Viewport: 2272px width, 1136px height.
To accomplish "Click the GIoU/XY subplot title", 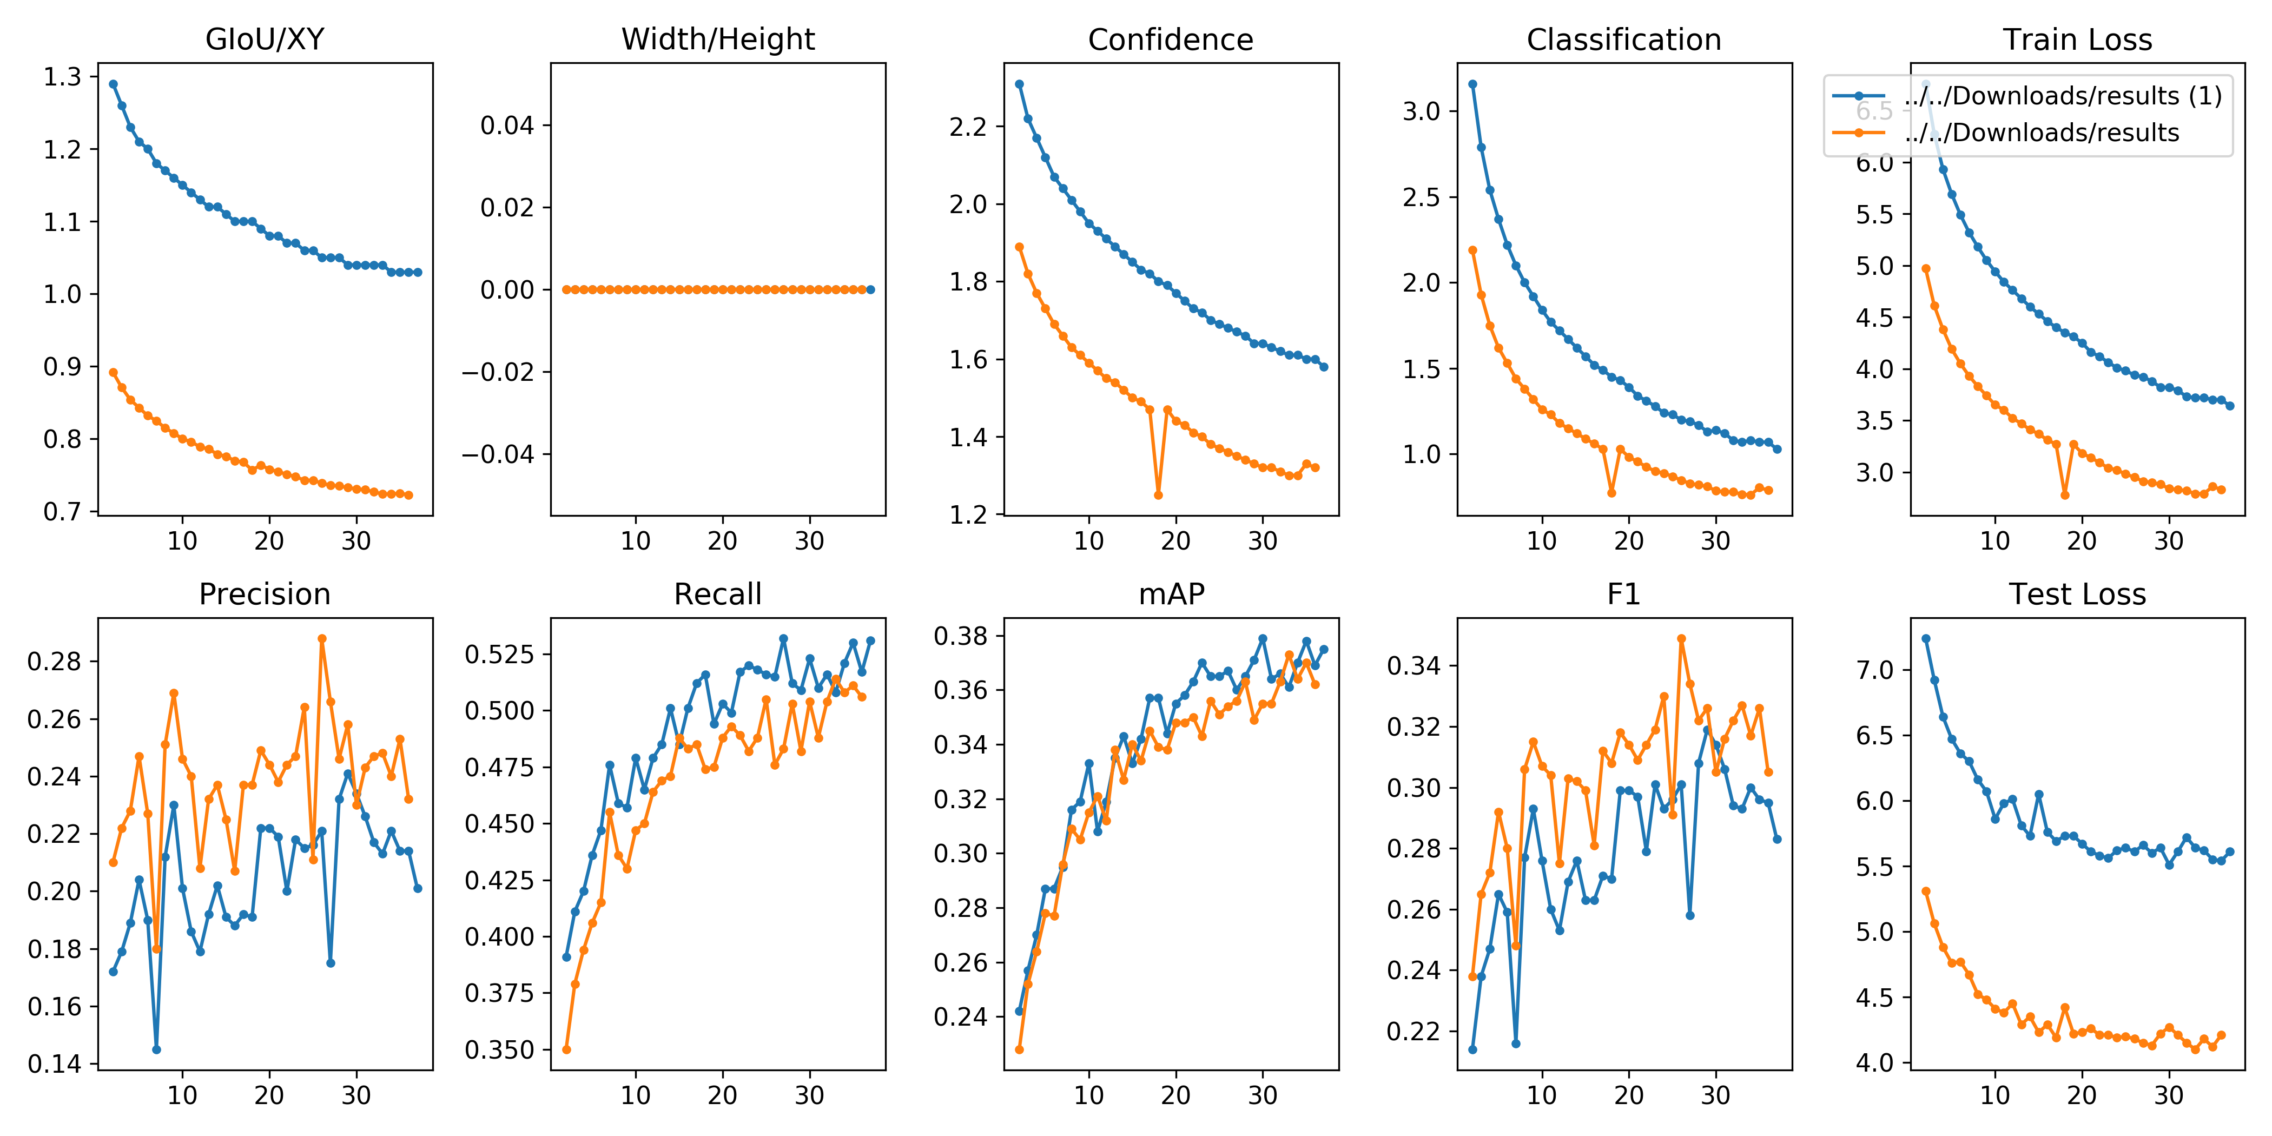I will click(265, 39).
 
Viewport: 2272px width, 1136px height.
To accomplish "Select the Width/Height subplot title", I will click(718, 39).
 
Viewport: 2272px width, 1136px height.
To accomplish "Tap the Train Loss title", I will click(2077, 39).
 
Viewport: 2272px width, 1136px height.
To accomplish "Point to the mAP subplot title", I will click(1171, 595).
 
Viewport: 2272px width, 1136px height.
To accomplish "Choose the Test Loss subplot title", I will click(2077, 595).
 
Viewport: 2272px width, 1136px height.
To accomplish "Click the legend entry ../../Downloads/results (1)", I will click(2062, 95).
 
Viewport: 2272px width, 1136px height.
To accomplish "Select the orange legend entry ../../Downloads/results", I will click(2041, 133).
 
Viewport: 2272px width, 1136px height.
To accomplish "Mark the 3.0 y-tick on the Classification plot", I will click(1421, 111).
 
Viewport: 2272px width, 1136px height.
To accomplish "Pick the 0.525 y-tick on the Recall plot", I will click(499, 655).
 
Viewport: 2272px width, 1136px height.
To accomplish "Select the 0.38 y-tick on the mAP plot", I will click(961, 636).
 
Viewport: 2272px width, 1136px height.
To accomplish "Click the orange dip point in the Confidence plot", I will click(1158, 495).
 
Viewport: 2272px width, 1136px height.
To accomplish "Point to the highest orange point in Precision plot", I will click(322, 638).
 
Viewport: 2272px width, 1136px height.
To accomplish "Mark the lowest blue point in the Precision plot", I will click(156, 1049).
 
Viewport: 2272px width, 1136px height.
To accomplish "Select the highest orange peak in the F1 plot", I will click(1681, 638).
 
